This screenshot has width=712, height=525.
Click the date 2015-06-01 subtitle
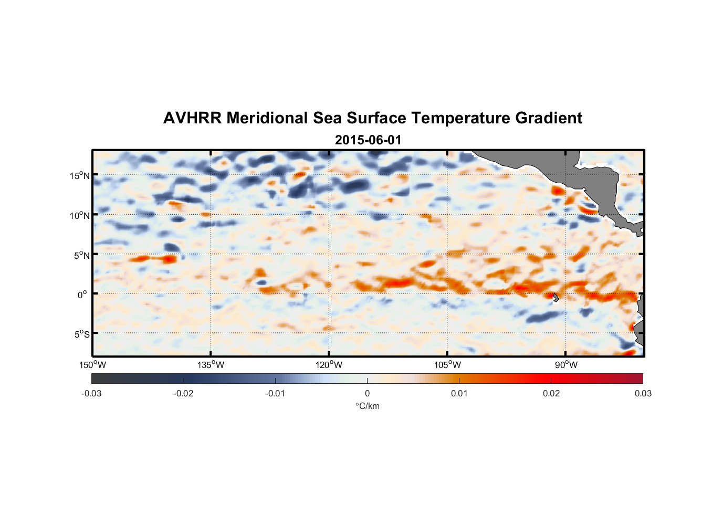[x=368, y=140]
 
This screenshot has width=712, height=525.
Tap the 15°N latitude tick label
[x=80, y=176]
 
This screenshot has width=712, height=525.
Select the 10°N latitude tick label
[x=80, y=215]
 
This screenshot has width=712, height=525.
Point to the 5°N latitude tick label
[x=81, y=255]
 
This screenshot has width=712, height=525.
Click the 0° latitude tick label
[x=82, y=295]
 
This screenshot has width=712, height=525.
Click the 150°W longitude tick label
[x=93, y=365]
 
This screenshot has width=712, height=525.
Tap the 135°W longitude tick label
[x=211, y=365]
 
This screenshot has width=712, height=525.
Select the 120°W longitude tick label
[x=329, y=365]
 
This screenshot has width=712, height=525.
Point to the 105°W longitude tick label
[x=447, y=365]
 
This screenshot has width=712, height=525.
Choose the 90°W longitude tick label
[x=566, y=365]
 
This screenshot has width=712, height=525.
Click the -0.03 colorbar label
[x=91, y=393]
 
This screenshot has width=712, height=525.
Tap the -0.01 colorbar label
[x=275, y=393]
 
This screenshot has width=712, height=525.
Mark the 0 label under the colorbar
[x=367, y=393]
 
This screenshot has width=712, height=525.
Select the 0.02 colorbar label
[x=551, y=393]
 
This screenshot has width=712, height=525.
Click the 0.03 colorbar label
[x=643, y=393]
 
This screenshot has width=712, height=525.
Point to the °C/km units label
[x=367, y=406]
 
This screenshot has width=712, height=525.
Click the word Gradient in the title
[x=549, y=118]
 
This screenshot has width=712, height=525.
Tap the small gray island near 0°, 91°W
[x=556, y=297]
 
